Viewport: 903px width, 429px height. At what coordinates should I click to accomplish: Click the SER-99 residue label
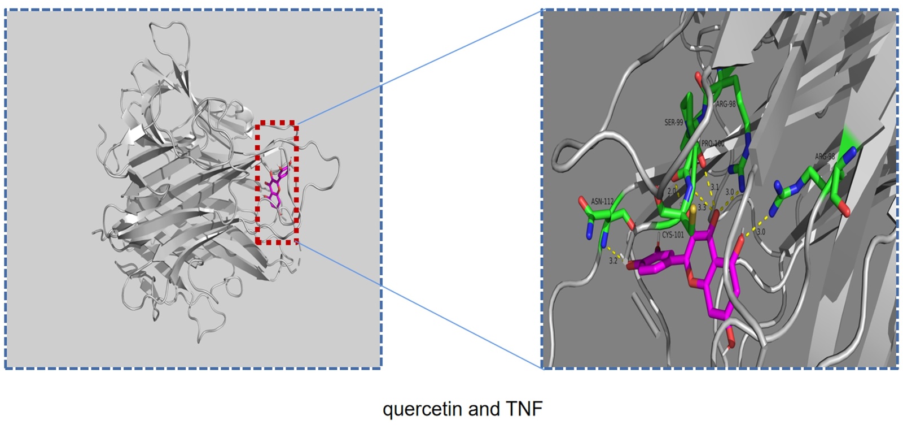pyautogui.click(x=673, y=123)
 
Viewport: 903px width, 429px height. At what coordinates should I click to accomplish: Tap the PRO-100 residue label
pyautogui.click(x=712, y=144)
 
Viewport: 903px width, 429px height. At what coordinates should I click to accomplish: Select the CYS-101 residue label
pyautogui.click(x=673, y=235)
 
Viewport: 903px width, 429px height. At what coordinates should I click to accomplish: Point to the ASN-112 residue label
pyautogui.click(x=602, y=202)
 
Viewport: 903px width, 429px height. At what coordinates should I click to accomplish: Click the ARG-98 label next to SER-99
pyautogui.click(x=726, y=105)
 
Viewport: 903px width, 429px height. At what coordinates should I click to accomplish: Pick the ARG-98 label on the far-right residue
pyautogui.click(x=825, y=157)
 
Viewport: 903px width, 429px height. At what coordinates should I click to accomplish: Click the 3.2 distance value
pyautogui.click(x=613, y=261)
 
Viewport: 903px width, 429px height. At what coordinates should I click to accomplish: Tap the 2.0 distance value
pyautogui.click(x=672, y=192)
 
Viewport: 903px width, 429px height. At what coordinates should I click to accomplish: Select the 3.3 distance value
pyautogui.click(x=702, y=207)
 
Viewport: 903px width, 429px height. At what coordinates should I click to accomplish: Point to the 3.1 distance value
pyautogui.click(x=714, y=187)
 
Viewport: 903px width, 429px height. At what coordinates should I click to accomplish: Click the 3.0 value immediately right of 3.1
pyautogui.click(x=730, y=192)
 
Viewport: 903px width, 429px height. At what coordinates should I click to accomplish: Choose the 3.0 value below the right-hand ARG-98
pyautogui.click(x=761, y=232)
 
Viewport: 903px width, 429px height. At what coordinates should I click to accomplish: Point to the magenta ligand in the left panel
pyautogui.click(x=275, y=187)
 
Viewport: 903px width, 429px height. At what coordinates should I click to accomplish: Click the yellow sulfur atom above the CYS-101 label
pyautogui.click(x=693, y=209)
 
